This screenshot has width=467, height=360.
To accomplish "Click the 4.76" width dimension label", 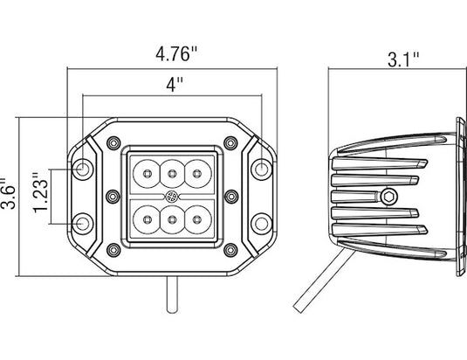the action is coord(176,53).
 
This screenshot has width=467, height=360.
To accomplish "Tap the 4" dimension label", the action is coord(175,84).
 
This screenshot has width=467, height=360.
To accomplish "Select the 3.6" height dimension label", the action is coord(8,194).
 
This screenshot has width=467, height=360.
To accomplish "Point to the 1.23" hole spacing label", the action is coord(40,192).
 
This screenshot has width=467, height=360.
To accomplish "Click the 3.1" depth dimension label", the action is coord(403,59).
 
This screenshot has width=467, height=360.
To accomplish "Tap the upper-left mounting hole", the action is coord(83,170).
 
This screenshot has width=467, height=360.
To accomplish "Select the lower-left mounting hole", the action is coord(83,224).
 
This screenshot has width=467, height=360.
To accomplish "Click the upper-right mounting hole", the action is coord(262,170).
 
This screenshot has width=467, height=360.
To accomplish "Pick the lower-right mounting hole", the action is coord(262,224).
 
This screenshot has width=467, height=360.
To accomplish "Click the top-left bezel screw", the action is coord(113,143).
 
